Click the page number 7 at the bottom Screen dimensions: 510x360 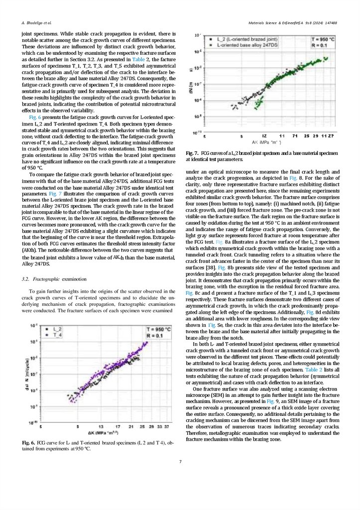[x=180, y=462]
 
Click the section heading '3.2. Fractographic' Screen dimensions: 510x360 [x=41, y=279]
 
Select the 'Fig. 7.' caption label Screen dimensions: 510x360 [x=193, y=152]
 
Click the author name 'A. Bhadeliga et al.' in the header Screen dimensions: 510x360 [x=37, y=23]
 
